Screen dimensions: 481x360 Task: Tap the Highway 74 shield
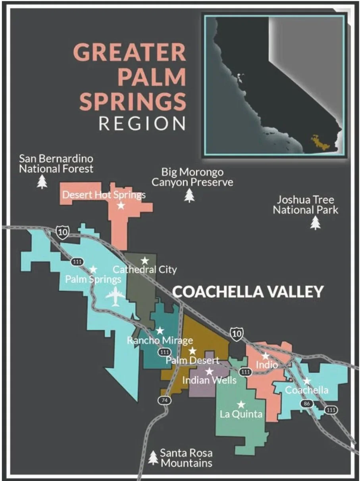pos(164,400)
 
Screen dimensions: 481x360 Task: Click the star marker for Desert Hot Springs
pos(121,205)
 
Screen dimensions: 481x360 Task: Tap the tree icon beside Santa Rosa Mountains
pos(153,458)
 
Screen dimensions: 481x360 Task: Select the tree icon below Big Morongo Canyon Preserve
pos(190,195)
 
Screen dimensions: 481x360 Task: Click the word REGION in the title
pos(142,123)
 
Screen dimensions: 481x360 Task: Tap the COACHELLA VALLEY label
pos(248,292)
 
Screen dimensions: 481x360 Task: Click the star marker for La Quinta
pos(241,404)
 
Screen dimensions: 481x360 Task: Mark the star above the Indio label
pos(266,355)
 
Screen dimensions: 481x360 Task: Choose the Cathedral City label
pos(145,270)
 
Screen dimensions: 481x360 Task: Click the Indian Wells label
pos(209,380)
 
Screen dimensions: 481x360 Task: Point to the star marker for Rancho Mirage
pos(160,330)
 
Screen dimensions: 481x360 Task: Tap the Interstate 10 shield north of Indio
pos(237,334)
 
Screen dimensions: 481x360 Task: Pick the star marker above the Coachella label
pos(306,381)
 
